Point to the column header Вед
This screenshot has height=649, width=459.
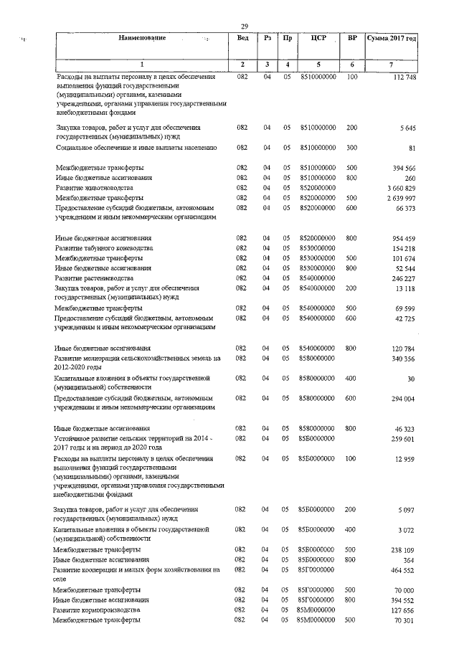(242, 37)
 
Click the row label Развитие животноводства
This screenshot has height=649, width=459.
(93, 187)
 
